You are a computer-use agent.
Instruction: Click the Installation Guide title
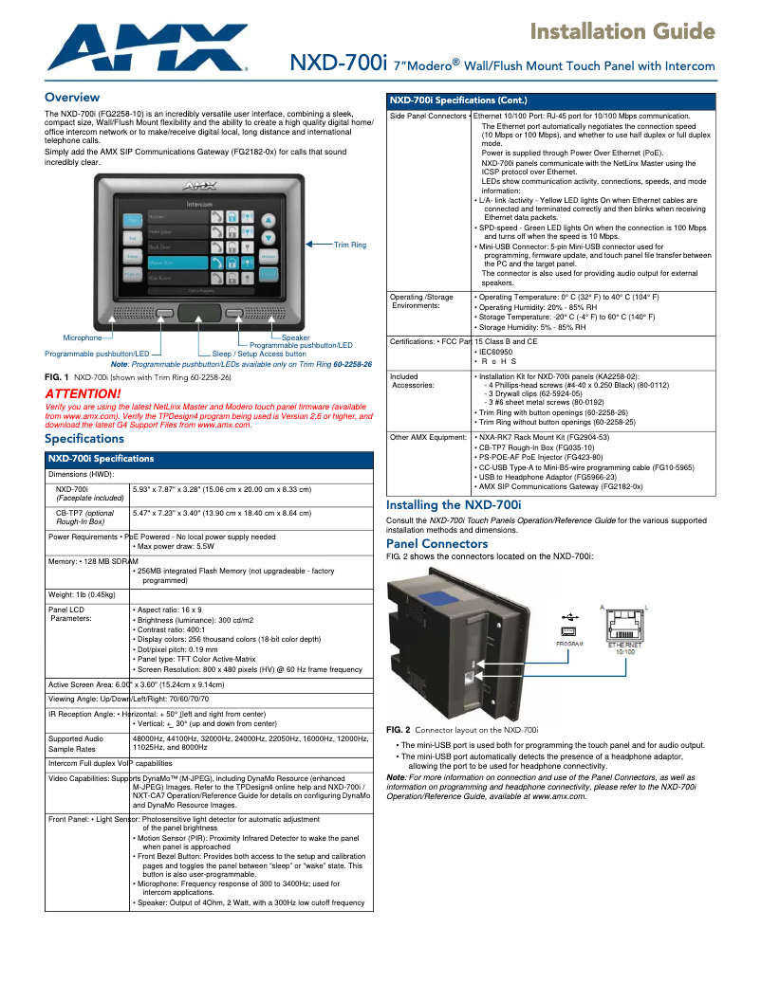point(622,32)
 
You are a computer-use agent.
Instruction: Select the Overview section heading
point(72,98)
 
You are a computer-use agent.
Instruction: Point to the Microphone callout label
point(82,337)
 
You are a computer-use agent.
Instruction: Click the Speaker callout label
point(295,337)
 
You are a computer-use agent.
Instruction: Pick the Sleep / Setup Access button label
point(259,354)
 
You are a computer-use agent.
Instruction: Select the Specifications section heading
point(84,439)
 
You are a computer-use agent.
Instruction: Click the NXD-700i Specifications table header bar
point(210,459)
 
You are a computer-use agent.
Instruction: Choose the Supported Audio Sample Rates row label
point(76,742)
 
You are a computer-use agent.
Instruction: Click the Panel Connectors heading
point(436,544)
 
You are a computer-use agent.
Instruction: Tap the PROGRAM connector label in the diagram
point(569,644)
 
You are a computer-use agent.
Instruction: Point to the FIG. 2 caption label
point(399,730)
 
